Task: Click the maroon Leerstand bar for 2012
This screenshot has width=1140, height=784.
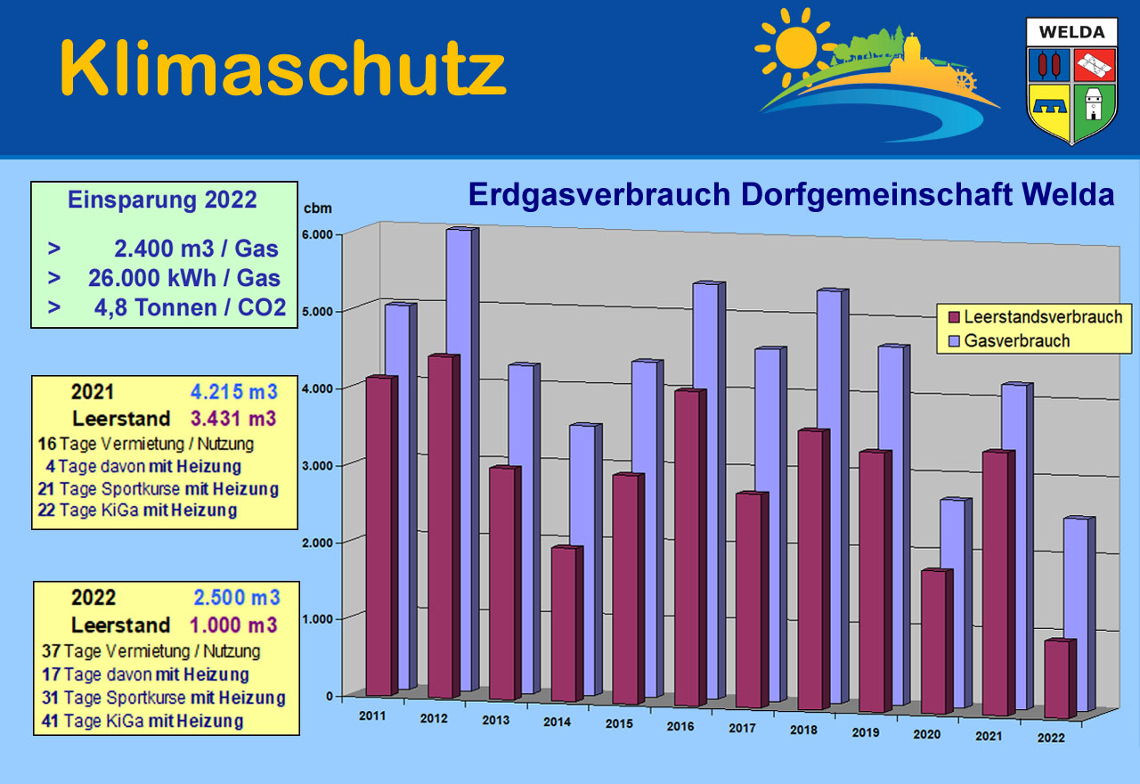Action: tap(439, 526)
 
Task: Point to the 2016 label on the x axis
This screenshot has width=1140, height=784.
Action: tap(680, 727)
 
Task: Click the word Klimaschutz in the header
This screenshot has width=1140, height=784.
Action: tap(282, 69)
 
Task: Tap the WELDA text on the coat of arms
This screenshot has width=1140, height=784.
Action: tap(1071, 33)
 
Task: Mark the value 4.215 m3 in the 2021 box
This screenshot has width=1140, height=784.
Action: tap(233, 391)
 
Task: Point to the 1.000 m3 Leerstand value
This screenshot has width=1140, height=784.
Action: tap(233, 625)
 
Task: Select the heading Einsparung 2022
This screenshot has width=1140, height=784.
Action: tap(162, 200)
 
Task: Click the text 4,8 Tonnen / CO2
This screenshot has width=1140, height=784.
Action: tap(189, 308)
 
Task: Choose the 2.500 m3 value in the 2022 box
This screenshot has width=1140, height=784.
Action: tap(236, 597)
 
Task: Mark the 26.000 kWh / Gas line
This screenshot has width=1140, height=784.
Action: tap(183, 279)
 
